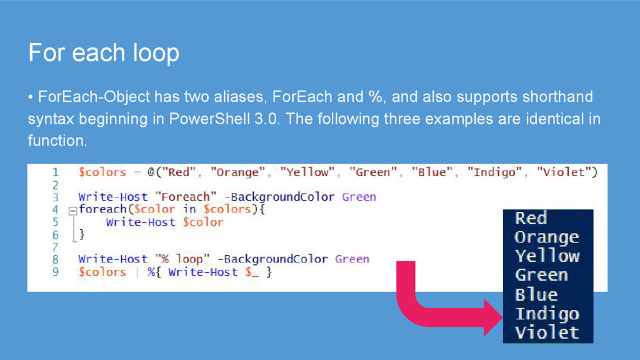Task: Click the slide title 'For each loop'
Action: click(104, 53)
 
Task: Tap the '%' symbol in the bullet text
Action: click(375, 97)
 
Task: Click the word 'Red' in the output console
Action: click(531, 218)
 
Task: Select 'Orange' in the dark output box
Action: click(546, 237)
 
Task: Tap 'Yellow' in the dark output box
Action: click(547, 256)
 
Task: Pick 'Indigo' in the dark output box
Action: click(547, 314)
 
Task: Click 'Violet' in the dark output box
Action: click(547, 332)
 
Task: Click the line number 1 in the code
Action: click(56, 172)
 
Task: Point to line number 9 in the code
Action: click(56, 272)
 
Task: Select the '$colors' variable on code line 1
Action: click(102, 172)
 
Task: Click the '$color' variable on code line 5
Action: click(202, 222)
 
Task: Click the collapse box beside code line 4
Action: click(72, 210)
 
